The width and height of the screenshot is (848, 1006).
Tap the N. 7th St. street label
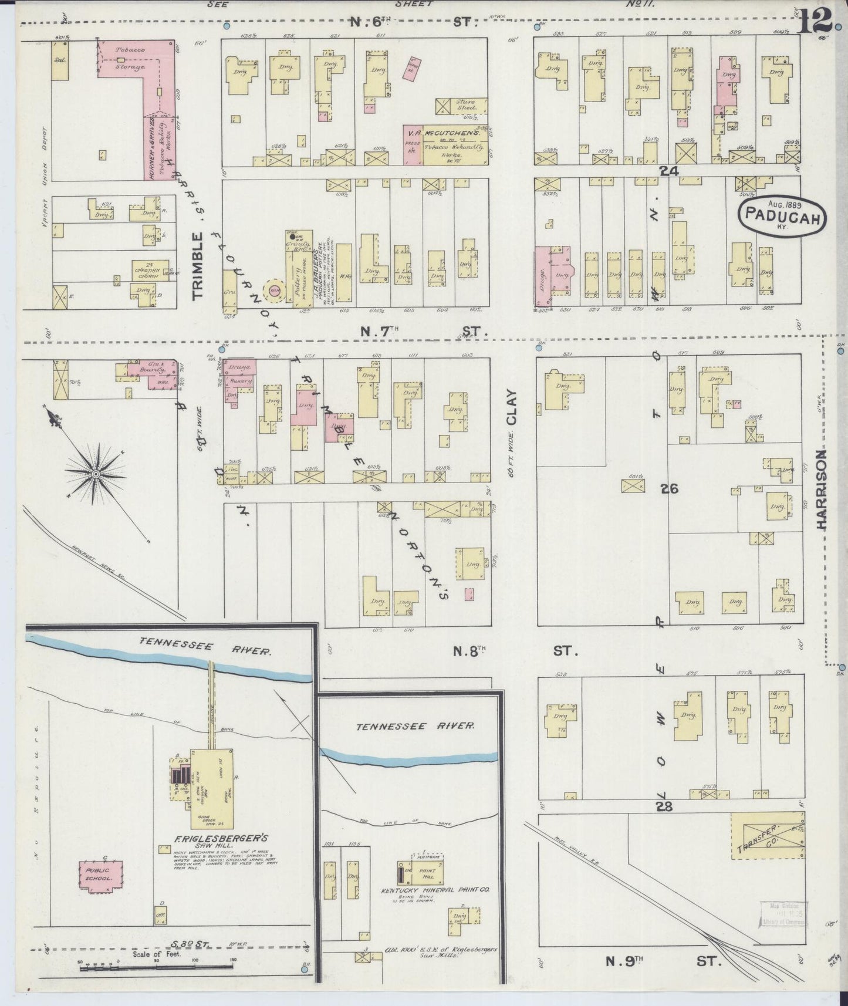[x=418, y=332]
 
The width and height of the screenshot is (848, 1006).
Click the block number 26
[x=669, y=488]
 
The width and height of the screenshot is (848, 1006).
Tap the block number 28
[x=664, y=807]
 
